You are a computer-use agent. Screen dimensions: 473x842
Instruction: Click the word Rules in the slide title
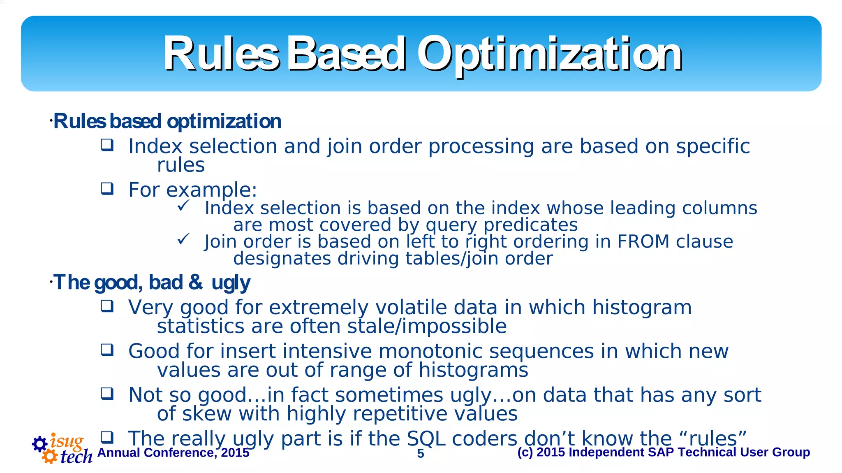pyautogui.click(x=221, y=54)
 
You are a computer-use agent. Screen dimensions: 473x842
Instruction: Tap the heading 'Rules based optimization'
pyautogui.click(x=167, y=121)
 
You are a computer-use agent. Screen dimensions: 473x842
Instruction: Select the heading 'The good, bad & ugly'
pyautogui.click(x=151, y=283)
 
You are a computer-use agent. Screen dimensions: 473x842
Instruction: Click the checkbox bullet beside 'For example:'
pyautogui.click(x=107, y=189)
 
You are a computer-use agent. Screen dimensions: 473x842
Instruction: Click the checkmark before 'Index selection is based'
pyautogui.click(x=183, y=206)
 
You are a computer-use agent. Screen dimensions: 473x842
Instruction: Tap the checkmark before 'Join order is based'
pyautogui.click(x=183, y=239)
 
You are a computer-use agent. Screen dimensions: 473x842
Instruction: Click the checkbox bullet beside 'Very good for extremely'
pyautogui.click(x=107, y=306)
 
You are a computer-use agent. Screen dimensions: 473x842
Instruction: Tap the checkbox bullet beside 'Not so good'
pyautogui.click(x=107, y=394)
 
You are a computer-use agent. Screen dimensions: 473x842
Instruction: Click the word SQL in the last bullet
pyautogui.click(x=426, y=438)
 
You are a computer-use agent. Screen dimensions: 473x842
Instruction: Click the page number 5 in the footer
pyautogui.click(x=421, y=453)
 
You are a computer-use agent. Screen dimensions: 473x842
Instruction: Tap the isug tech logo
pyautogui.click(x=62, y=449)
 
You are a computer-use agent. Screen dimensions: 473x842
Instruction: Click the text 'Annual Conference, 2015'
pyautogui.click(x=173, y=453)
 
